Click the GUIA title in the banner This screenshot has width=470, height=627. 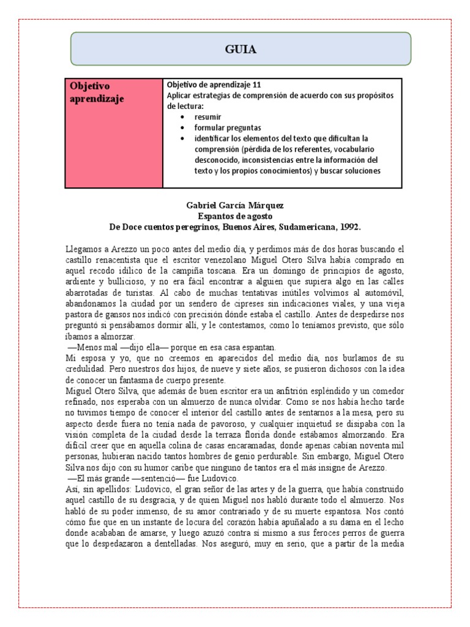pyautogui.click(x=240, y=49)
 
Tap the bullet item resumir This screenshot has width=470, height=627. pyautogui.click(x=208, y=116)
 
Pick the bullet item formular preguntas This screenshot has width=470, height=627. pyautogui.click(x=228, y=127)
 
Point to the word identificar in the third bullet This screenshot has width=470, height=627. pyautogui.click(x=216, y=138)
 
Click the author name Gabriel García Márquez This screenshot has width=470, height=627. pyautogui.click(x=235, y=205)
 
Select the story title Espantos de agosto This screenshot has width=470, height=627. pyautogui.click(x=235, y=216)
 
